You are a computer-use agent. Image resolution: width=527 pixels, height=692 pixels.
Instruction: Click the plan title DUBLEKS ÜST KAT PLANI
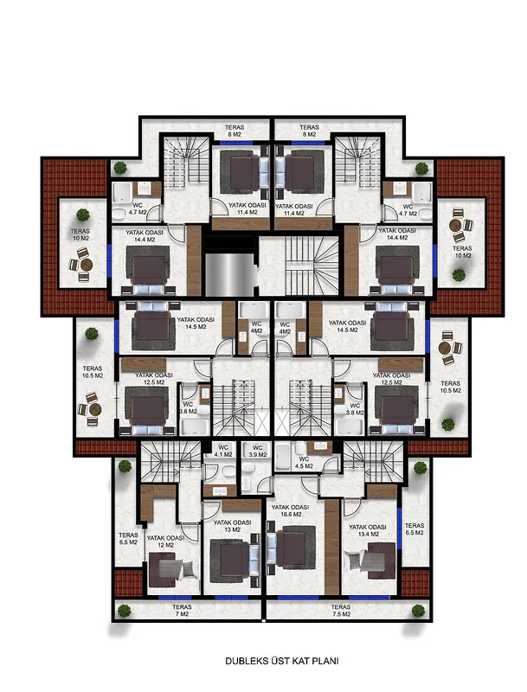(x=281, y=661)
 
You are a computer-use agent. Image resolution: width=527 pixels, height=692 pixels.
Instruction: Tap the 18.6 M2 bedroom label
(x=290, y=511)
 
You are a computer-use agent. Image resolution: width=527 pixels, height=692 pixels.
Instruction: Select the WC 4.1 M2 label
(x=223, y=451)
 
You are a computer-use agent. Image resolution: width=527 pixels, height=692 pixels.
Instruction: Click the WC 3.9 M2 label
(x=258, y=451)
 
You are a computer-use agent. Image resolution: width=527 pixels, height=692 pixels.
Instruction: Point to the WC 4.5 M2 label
(x=304, y=463)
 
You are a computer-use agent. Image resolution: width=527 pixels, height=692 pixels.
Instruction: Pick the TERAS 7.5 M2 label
(x=341, y=611)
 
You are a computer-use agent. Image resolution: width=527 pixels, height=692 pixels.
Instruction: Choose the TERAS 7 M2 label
(x=182, y=611)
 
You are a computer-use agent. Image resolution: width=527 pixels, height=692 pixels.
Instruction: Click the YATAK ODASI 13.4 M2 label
(x=367, y=530)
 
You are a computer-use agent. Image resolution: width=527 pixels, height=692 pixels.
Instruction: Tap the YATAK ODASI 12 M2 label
(x=165, y=541)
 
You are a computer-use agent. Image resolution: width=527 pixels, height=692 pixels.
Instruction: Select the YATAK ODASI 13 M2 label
(x=232, y=526)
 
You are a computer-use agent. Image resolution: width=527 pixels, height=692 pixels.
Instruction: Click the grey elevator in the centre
(x=229, y=274)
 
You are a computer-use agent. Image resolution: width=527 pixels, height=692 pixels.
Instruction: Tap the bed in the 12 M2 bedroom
(x=171, y=570)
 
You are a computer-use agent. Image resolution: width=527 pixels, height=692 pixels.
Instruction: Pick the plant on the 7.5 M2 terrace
(x=418, y=611)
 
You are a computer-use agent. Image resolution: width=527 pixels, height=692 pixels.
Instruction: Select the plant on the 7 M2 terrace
(x=125, y=611)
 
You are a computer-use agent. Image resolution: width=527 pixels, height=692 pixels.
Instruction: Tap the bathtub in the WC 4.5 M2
(x=282, y=457)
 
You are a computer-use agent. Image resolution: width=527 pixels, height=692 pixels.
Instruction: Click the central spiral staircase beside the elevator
(x=312, y=266)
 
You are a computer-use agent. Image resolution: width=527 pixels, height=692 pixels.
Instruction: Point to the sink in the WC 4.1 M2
(x=220, y=490)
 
